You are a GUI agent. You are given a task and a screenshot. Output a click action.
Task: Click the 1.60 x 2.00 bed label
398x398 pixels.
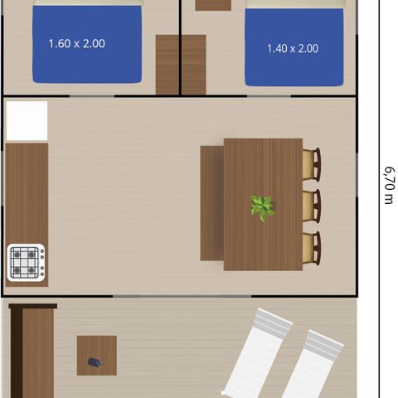point(76,43)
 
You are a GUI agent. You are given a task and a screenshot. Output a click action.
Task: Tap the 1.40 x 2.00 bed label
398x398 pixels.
point(293,49)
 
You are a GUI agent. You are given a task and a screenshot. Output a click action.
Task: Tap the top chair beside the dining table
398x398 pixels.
point(312,164)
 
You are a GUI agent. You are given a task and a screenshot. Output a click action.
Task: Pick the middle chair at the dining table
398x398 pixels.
point(312,205)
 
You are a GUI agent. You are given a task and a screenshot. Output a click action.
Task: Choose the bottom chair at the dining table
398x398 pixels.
point(312,246)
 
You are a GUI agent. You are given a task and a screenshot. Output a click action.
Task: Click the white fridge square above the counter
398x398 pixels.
point(27,121)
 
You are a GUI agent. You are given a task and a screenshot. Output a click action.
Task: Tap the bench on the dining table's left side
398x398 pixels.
point(211,203)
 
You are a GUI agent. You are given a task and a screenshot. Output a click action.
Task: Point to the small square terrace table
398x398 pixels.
point(96,355)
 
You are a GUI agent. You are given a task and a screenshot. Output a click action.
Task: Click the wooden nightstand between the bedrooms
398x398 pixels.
point(181,65)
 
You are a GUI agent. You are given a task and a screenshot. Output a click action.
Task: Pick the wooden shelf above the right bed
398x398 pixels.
point(213,5)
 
